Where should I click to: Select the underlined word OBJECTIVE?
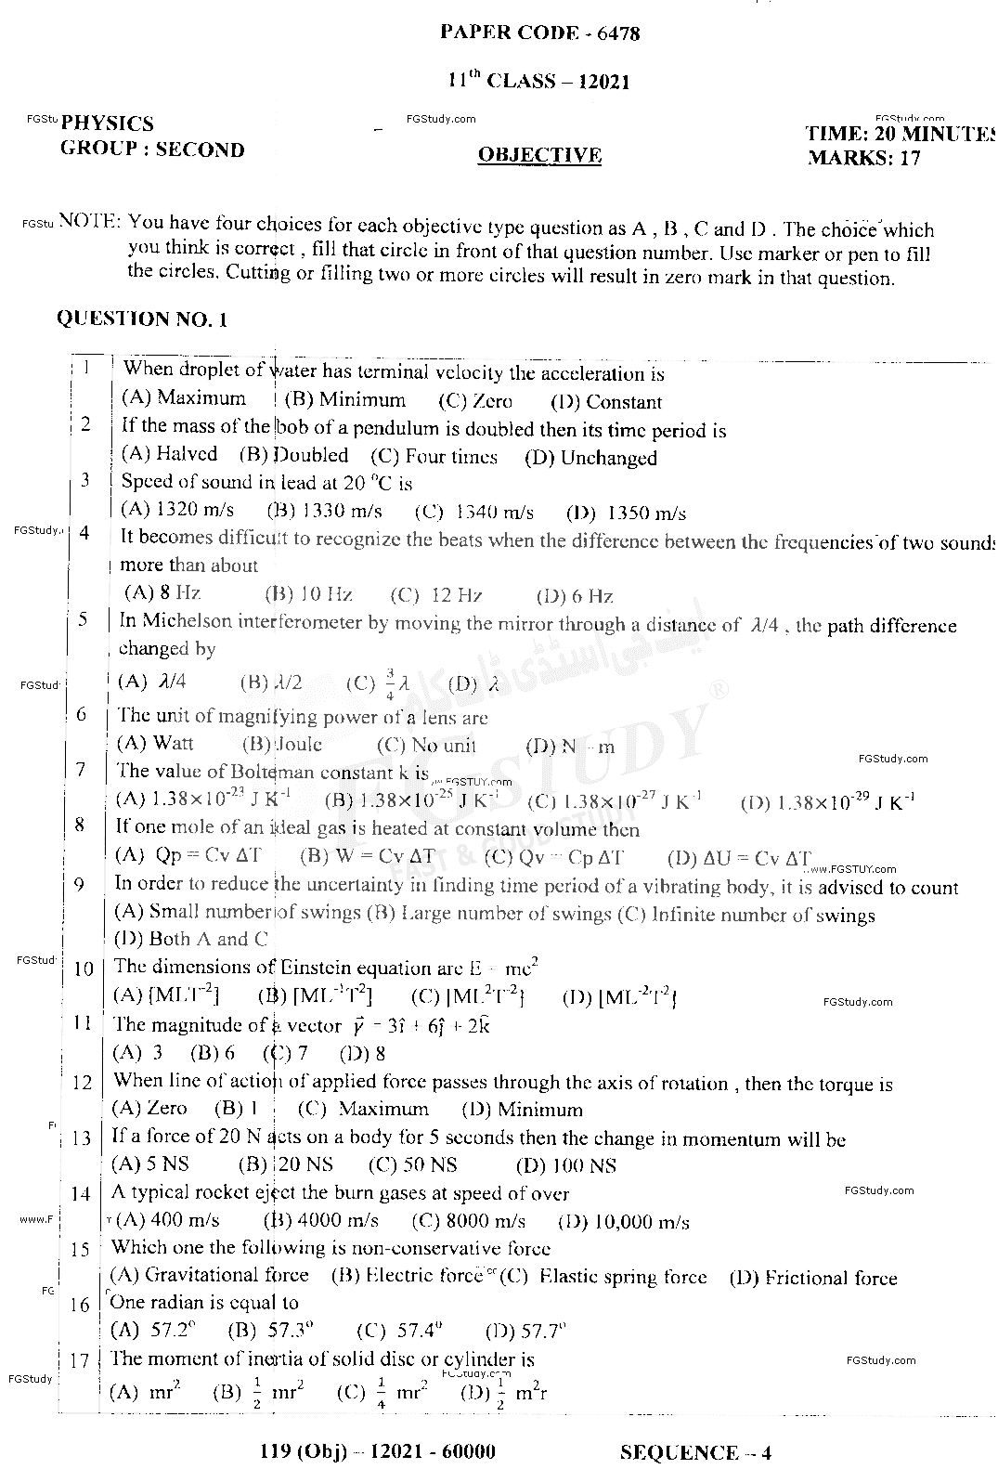click(539, 155)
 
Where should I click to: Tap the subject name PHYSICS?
click(108, 123)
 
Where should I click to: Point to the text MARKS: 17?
click(863, 158)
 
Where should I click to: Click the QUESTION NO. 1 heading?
click(142, 318)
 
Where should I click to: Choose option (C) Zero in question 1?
click(474, 402)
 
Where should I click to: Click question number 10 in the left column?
click(84, 968)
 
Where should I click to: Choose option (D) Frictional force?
click(813, 1278)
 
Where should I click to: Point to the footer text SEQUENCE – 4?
click(695, 1452)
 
